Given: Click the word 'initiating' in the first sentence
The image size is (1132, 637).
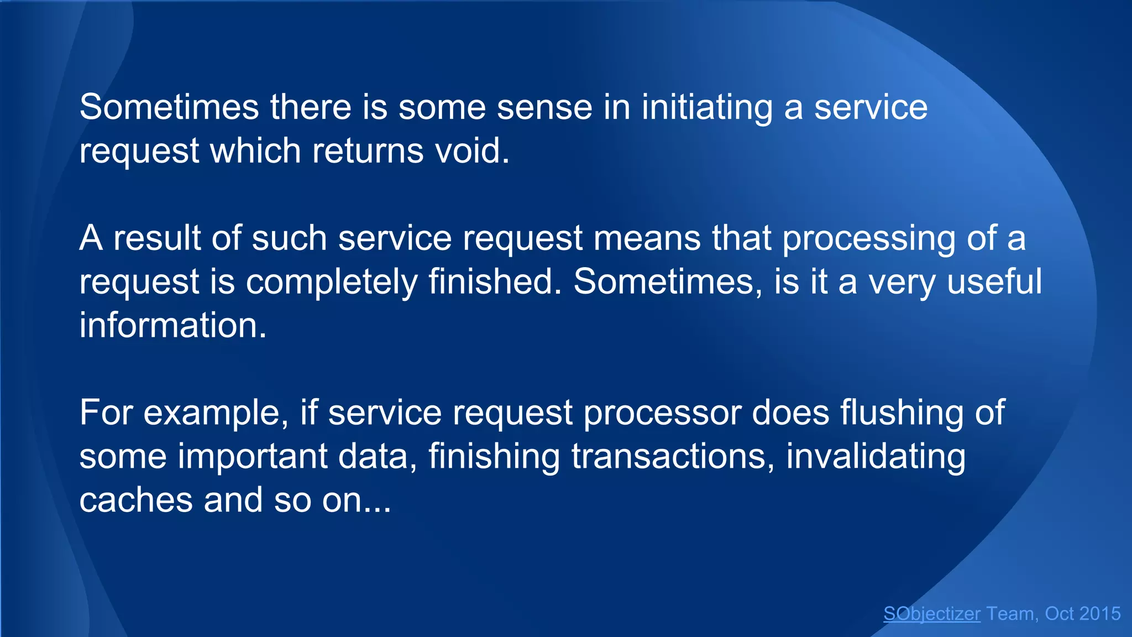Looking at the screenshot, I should (x=707, y=107).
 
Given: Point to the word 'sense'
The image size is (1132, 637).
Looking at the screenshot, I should (x=544, y=107).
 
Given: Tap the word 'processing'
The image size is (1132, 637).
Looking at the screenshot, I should (x=868, y=239).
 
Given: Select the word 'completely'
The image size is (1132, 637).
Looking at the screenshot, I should (x=331, y=282).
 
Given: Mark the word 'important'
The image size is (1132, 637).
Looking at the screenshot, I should (x=253, y=456).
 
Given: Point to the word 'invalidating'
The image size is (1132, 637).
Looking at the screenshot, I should (x=876, y=456).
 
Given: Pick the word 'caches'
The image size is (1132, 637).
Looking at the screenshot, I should (x=135, y=500).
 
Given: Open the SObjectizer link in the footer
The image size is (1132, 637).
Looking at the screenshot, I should (x=932, y=614).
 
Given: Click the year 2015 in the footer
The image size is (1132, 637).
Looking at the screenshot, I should (x=1099, y=614).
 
